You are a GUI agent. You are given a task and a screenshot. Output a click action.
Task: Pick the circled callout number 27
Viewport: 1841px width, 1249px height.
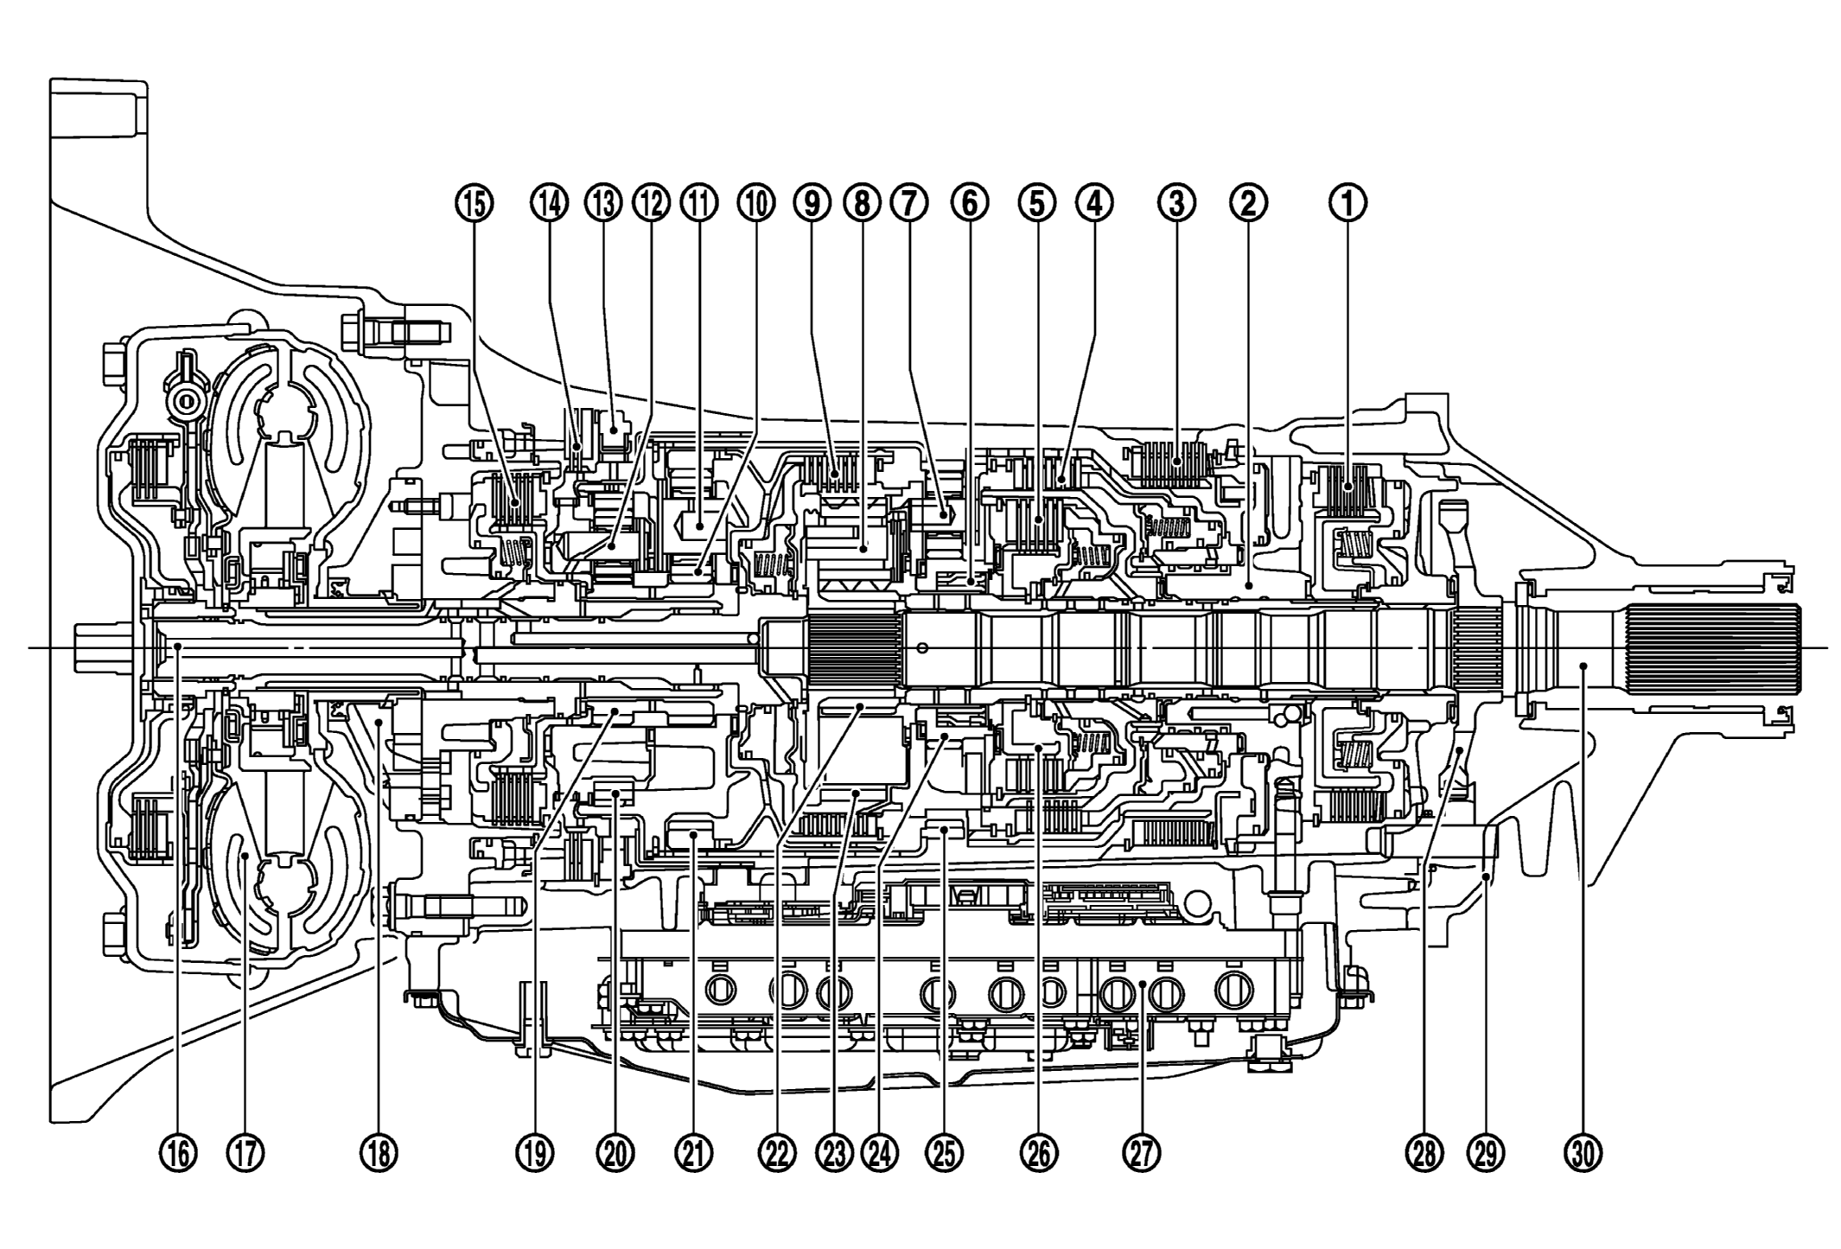[1141, 1152]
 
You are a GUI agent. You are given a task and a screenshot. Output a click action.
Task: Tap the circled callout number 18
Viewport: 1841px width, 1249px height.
[379, 1152]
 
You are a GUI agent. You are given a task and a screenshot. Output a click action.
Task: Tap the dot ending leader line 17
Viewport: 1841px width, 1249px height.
[245, 856]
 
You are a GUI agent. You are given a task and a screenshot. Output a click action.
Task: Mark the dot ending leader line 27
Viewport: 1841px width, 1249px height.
[1141, 985]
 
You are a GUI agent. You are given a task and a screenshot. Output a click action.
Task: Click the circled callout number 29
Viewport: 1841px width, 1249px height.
[1485, 1152]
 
